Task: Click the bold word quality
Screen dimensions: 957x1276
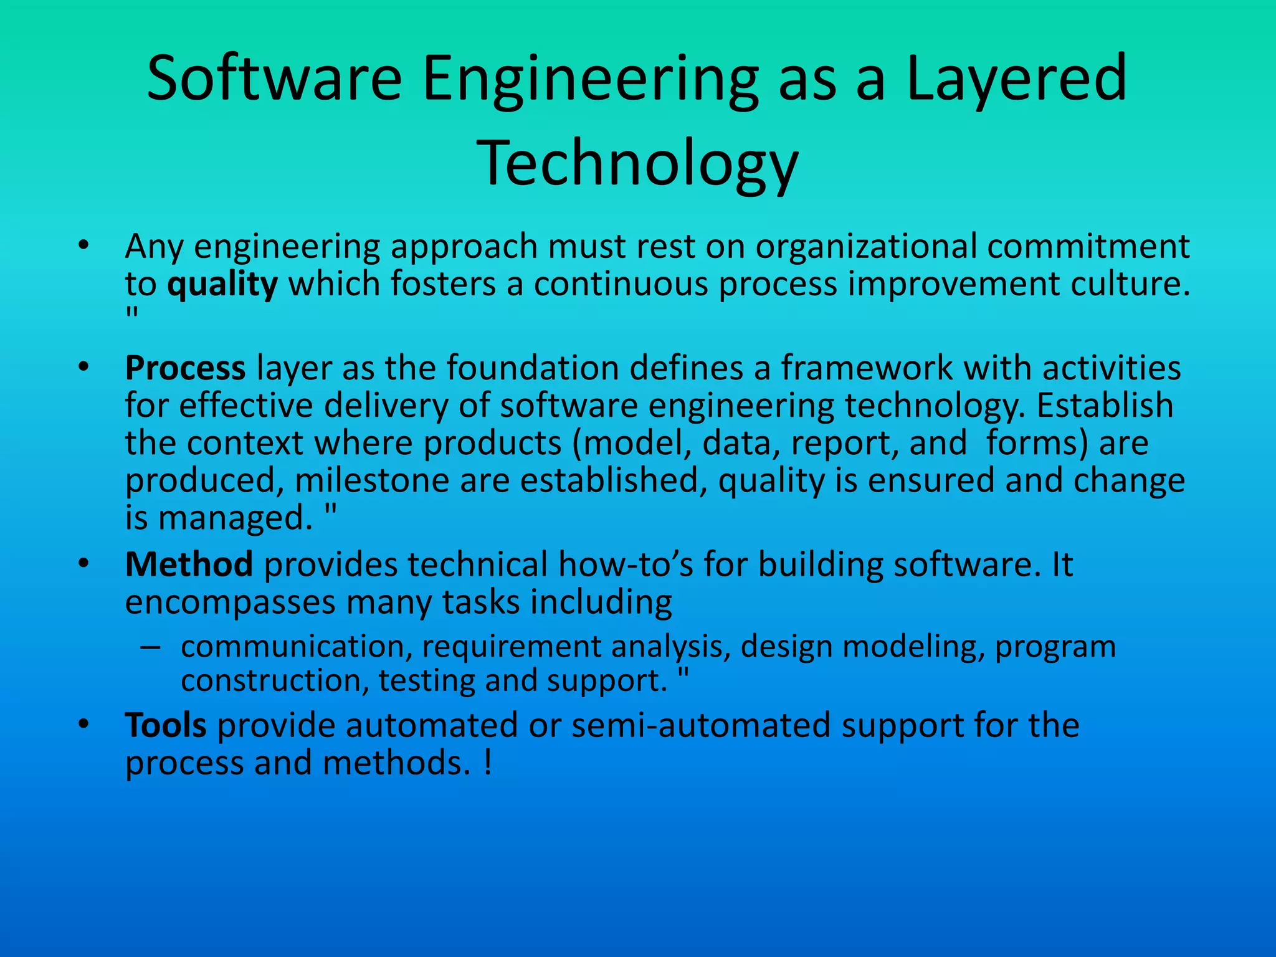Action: pyautogui.click(x=222, y=285)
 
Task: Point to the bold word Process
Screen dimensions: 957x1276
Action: pyautogui.click(x=185, y=368)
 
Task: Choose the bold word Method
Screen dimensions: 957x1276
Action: pyautogui.click(x=189, y=564)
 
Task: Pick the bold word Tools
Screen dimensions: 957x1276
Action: pyautogui.click(x=166, y=725)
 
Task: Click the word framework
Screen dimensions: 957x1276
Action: pyautogui.click(x=867, y=368)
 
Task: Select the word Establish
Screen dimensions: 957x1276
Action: pyautogui.click(x=1105, y=405)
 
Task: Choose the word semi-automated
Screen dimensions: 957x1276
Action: pyautogui.click(x=701, y=725)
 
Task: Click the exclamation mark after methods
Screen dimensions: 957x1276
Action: pyautogui.click(x=487, y=763)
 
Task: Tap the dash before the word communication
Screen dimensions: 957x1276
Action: pyautogui.click(x=150, y=647)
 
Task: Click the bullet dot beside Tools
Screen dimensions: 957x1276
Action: pyautogui.click(x=84, y=725)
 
